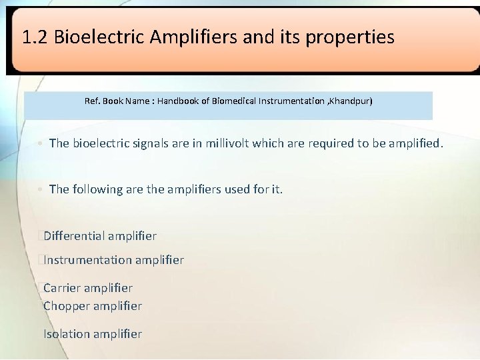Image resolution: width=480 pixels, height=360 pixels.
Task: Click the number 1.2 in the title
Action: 35,37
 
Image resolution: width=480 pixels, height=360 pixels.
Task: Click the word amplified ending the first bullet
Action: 413,143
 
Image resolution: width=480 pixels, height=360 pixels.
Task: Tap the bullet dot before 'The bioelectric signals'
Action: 41,143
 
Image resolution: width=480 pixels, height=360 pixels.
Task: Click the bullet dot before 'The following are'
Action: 41,190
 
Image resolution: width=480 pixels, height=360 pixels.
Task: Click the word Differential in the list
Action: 73,235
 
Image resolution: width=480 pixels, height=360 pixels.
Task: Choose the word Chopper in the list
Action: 65,306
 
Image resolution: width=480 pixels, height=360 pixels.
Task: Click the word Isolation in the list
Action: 65,333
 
